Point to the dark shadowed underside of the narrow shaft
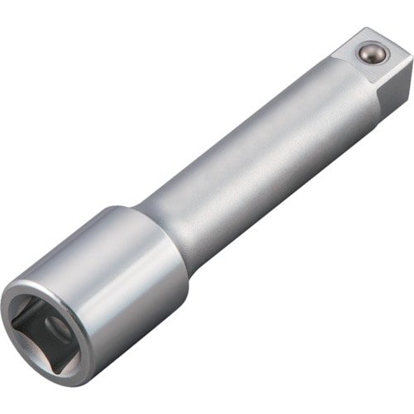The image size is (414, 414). pyautogui.click(x=273, y=199)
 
